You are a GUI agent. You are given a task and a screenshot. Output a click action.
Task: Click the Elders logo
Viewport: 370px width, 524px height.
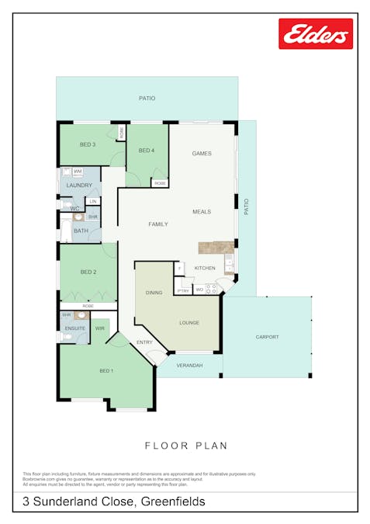[316, 34]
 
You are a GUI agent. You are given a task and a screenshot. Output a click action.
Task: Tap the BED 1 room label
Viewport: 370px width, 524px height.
[106, 370]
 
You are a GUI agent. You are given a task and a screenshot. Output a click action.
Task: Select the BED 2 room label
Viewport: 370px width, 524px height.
[88, 272]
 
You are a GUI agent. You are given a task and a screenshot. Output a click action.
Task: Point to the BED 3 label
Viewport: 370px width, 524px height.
[88, 144]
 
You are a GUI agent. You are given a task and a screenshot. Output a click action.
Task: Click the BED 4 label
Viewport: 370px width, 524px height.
[147, 151]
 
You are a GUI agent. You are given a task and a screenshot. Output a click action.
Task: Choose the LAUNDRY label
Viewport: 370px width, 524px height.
[80, 186]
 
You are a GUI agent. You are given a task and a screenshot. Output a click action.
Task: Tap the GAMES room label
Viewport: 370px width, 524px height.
[202, 154]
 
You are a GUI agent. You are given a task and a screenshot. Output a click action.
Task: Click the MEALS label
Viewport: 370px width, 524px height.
[202, 212]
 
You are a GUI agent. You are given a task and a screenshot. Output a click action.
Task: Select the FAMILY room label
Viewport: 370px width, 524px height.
[158, 224]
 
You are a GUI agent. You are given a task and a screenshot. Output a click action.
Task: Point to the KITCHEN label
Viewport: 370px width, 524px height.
[205, 268]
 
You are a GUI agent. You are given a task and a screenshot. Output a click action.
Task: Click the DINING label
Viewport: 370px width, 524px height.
[154, 293]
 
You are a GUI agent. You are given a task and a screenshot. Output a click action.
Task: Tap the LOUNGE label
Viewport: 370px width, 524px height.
[189, 322]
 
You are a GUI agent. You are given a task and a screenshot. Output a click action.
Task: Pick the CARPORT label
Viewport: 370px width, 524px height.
[267, 337]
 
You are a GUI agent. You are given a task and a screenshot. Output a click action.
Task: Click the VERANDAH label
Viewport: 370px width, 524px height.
[189, 365]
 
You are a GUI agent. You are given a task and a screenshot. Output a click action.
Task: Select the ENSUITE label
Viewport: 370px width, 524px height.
[75, 328]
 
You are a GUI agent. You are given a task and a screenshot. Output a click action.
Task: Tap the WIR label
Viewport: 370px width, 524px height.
[100, 328]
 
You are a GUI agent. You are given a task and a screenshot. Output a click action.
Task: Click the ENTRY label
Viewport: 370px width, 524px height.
[145, 342]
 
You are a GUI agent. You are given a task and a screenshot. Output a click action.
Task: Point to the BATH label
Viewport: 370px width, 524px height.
[81, 231]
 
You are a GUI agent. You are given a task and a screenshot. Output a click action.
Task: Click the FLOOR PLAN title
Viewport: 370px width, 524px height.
[186, 446]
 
